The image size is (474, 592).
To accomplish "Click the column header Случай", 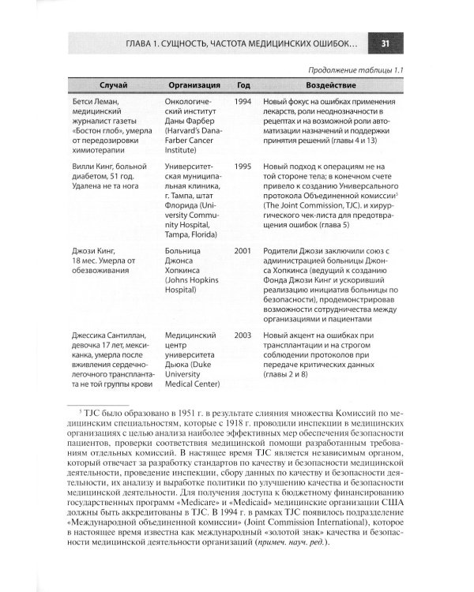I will [x=115, y=84].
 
